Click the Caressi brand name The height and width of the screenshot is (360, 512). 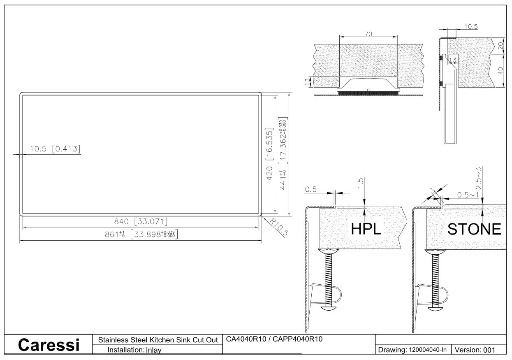pos(49,345)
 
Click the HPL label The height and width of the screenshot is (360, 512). pos(366,229)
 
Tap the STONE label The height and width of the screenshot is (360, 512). pos(474,229)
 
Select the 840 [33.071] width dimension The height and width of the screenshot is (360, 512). pos(141,221)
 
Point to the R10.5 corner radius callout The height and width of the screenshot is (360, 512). pos(279,227)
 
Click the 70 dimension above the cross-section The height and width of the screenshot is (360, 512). pos(368,34)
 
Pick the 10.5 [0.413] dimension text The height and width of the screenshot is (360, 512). pos(55,149)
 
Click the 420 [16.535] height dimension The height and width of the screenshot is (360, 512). pos(269,154)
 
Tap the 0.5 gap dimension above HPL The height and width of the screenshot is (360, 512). pos(310,189)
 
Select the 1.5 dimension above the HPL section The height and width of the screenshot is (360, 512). pos(360,183)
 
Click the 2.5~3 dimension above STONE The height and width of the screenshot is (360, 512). pos(478,178)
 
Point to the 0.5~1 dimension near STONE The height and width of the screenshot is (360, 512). pos(468,195)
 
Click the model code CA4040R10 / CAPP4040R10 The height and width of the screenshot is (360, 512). pos(274,339)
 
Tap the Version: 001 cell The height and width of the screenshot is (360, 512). pos(475,350)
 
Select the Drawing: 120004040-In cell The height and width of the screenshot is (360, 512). pos(412,350)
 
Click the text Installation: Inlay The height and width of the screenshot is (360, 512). pos(134,350)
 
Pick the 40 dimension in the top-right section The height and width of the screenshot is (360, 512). pos(500,70)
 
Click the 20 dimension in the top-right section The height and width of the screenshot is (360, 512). pos(500,46)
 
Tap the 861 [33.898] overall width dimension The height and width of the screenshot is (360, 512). pos(141,235)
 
